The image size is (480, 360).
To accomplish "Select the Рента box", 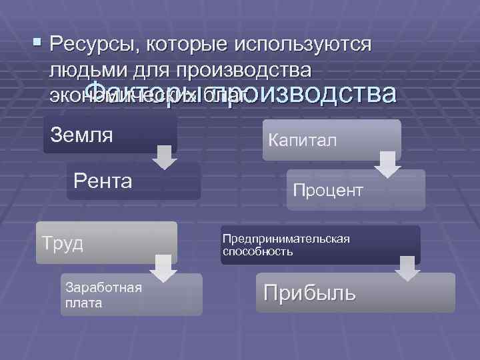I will click(133, 181).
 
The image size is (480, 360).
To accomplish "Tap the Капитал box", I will click(331, 140).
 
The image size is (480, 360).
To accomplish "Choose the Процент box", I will click(357, 190).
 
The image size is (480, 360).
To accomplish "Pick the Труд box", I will click(107, 242).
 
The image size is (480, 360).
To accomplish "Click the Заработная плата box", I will click(131, 295).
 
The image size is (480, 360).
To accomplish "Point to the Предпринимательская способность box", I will click(321, 245).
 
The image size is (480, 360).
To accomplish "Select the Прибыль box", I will click(355, 293).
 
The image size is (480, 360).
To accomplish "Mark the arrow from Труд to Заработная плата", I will click(163, 267).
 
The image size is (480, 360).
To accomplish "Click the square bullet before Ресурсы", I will click(36, 46).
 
